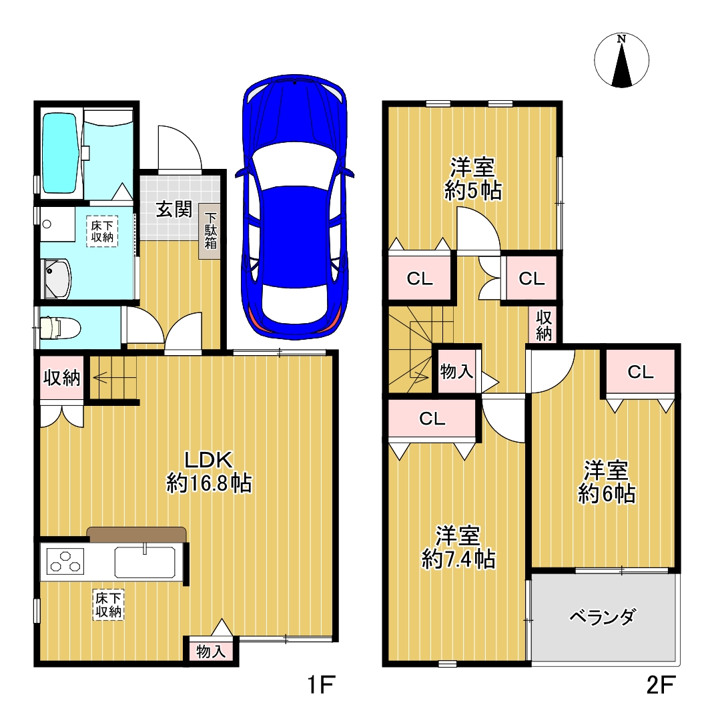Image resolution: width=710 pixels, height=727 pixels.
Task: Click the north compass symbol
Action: [621, 60]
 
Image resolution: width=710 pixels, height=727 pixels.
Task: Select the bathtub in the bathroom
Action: [59, 153]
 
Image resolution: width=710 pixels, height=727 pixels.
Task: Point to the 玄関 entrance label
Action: [173, 210]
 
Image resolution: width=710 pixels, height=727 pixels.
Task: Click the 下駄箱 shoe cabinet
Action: [210, 231]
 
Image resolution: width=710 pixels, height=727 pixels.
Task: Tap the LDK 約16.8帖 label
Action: [209, 472]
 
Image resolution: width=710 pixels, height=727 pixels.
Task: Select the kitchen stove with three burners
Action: [65, 561]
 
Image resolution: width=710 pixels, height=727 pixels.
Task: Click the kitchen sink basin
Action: [145, 562]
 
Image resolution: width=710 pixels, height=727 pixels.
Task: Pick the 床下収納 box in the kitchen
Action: [109, 605]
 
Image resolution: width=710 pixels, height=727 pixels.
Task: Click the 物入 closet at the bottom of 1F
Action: [211, 651]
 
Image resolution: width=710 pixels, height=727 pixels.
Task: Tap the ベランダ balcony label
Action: [603, 617]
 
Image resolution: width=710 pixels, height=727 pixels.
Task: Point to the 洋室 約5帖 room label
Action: [472, 179]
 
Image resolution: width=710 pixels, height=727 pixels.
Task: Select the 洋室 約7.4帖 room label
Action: [458, 548]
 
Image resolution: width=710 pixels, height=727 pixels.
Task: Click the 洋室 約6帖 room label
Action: [606, 482]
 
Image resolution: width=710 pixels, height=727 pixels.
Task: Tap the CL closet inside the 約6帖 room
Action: [641, 372]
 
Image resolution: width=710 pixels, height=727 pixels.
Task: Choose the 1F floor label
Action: [321, 685]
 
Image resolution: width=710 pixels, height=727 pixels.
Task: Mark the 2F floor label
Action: [661, 685]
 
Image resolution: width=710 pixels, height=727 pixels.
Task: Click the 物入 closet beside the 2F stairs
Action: [457, 371]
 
